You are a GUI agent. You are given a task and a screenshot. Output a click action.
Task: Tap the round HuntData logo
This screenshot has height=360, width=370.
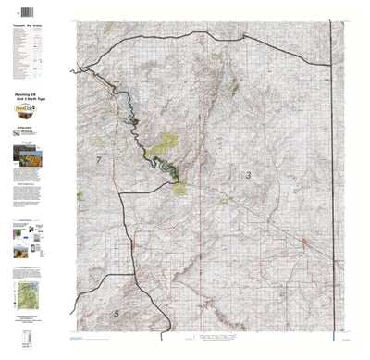(x=30, y=108)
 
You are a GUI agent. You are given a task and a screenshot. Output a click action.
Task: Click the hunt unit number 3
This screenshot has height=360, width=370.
(x=247, y=174)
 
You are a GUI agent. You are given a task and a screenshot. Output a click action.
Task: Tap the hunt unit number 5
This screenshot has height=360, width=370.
(x=116, y=315)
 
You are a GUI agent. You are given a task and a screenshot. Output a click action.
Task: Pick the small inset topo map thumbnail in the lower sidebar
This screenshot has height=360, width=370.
(x=29, y=296)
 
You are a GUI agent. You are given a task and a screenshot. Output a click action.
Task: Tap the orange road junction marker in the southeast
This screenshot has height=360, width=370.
(x=305, y=242)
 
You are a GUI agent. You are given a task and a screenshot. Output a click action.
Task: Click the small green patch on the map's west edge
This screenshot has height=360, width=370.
(x=80, y=194)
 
